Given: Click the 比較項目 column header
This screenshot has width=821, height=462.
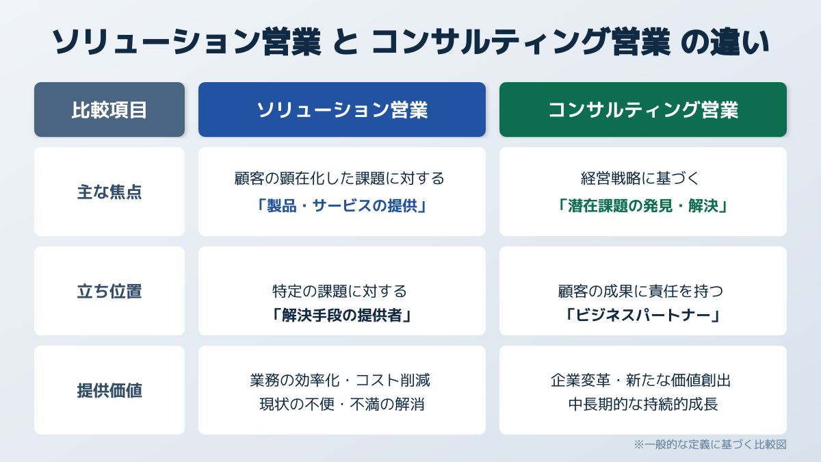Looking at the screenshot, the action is tap(109, 110).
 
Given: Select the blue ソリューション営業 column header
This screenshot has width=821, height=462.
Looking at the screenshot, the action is tap(342, 110).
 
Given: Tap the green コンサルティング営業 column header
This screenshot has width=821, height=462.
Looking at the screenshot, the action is tap(643, 110).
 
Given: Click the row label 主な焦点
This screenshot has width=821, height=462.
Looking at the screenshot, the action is tap(109, 192).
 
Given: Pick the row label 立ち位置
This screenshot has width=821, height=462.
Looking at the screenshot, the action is tap(109, 292).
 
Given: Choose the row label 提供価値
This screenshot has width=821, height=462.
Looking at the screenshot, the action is tap(109, 391).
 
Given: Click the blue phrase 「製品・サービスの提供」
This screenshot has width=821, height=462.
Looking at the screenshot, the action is tap(342, 206).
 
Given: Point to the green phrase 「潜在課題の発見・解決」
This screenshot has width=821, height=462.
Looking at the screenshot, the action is tap(643, 206).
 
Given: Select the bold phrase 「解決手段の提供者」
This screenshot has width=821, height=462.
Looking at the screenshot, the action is tap(342, 316).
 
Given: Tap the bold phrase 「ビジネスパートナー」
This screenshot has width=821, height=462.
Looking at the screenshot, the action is tap(643, 316).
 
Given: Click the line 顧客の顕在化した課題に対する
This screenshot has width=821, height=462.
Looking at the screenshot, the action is tap(339, 179).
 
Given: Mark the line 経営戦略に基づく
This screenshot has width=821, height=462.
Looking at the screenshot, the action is tap(640, 179).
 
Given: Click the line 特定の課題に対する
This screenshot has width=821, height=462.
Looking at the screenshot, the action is tap(339, 292).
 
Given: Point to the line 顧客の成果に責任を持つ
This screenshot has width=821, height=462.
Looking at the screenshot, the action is tap(640, 292).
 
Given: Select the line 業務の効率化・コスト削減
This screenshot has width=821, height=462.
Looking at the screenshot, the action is tap(340, 381).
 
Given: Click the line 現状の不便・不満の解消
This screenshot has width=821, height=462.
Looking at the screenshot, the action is tap(342, 405).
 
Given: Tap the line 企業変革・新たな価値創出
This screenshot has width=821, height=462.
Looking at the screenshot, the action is tap(640, 381).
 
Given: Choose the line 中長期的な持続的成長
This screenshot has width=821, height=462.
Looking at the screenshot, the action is tap(643, 405).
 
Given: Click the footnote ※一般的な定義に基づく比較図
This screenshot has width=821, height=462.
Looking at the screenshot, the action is tap(710, 445).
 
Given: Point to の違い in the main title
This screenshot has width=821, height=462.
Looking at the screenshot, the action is tap(725, 42).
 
